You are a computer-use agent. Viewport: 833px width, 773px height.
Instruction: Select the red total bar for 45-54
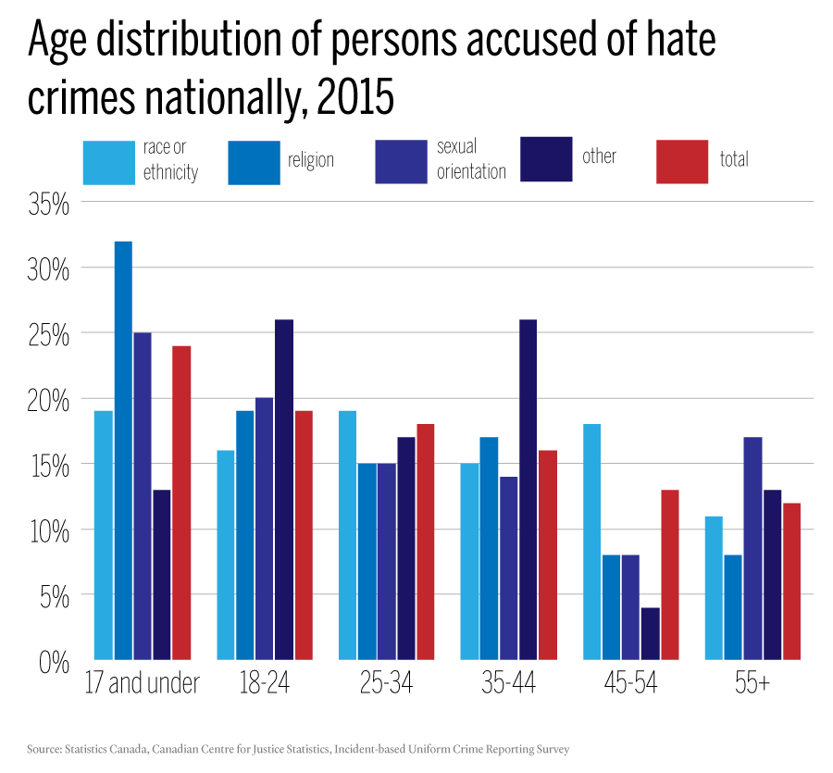[670, 575]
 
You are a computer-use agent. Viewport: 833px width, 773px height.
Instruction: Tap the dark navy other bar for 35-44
[528, 490]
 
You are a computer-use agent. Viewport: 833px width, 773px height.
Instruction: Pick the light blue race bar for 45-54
[592, 542]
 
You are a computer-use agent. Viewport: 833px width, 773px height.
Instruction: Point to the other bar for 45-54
[651, 634]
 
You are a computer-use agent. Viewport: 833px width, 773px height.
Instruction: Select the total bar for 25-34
[426, 542]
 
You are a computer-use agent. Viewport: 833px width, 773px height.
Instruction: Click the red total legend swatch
[682, 162]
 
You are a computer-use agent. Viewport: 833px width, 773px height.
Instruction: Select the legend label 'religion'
[310, 160]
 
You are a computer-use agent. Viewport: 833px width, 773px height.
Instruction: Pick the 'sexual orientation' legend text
[471, 159]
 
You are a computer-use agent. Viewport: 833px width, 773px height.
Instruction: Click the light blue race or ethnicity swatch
[109, 162]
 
